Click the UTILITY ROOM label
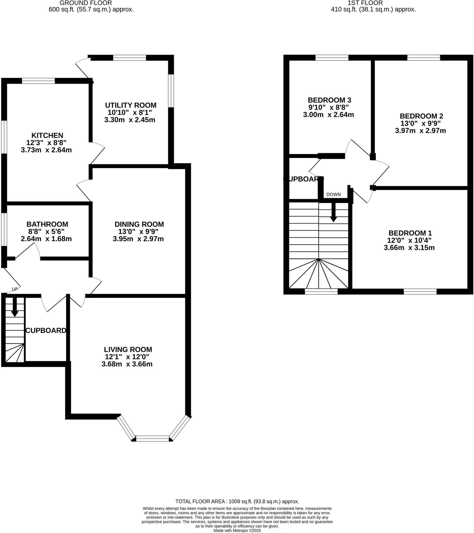tap(131, 105)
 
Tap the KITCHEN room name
tap(47, 136)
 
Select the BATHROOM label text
tap(47, 224)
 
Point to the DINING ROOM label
tap(139, 224)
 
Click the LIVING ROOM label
tap(128, 350)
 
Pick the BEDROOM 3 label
tap(329, 100)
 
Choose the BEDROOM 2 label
tap(421, 116)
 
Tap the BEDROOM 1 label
tap(410, 233)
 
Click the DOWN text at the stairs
tap(333, 194)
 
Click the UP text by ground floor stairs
tap(15, 289)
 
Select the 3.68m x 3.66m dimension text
tap(127, 364)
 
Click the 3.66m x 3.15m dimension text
tap(409, 248)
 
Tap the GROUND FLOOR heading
tap(86, 3)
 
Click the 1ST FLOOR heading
tap(365, 3)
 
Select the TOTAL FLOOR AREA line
tap(237, 501)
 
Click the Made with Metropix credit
tap(237, 530)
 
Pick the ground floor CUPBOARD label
tap(46, 330)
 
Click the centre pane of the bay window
tap(152, 438)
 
